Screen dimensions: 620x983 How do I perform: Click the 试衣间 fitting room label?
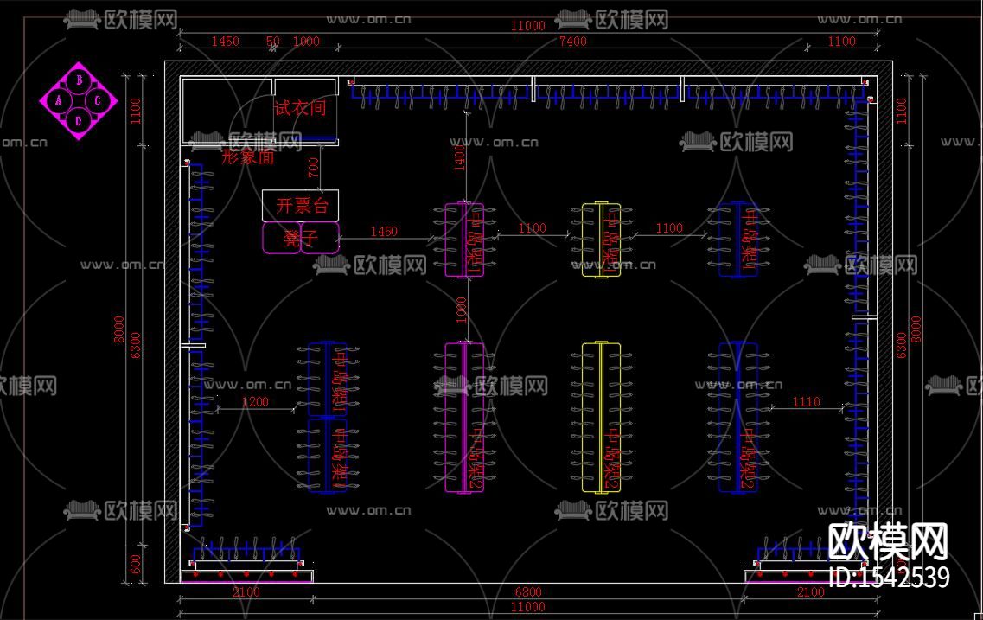tap(300, 108)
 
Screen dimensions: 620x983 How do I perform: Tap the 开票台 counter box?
tap(300, 206)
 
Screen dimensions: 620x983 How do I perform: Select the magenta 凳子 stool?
tap(300, 239)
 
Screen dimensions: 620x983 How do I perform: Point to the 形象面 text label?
tap(248, 157)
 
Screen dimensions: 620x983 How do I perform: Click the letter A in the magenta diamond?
tap(59, 100)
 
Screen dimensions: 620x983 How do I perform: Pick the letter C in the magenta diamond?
tap(98, 100)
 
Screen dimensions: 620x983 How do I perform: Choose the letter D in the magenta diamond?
tap(79, 120)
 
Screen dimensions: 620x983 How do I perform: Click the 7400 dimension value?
tap(572, 41)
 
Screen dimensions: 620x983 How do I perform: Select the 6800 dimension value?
tap(528, 592)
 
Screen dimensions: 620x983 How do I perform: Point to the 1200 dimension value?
tap(255, 401)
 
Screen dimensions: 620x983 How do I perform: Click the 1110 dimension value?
tap(806, 401)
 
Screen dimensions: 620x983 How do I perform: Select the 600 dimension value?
tap(135, 564)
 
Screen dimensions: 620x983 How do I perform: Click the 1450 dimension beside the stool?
tap(384, 231)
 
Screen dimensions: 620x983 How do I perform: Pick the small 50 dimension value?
tap(273, 41)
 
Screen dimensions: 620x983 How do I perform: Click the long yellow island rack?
tap(602, 418)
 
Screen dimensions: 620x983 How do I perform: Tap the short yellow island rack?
tap(601, 240)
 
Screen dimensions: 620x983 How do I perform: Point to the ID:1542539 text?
tap(889, 577)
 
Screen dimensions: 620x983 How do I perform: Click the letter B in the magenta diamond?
tap(79, 80)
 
